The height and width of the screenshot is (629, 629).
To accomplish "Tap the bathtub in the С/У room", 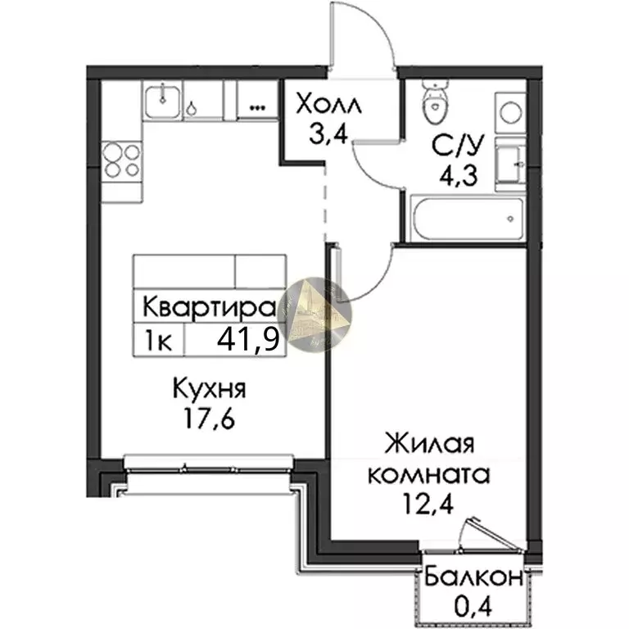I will pyautogui.click(x=463, y=219).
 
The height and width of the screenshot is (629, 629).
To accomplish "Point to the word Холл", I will pyautogui.click(x=326, y=106).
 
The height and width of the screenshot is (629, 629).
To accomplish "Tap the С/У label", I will pyautogui.click(x=454, y=147).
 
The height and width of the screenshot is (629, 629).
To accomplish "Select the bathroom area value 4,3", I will pyautogui.click(x=454, y=175).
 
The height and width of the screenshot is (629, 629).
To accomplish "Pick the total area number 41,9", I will pyautogui.click(x=247, y=337).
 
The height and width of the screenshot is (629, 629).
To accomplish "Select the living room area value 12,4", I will pyautogui.click(x=430, y=504).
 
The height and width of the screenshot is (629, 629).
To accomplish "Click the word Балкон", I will pyautogui.click(x=473, y=577).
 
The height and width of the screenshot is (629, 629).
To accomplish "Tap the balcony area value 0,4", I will pyautogui.click(x=473, y=607).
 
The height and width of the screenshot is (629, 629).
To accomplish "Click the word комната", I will pyautogui.click(x=429, y=474).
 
